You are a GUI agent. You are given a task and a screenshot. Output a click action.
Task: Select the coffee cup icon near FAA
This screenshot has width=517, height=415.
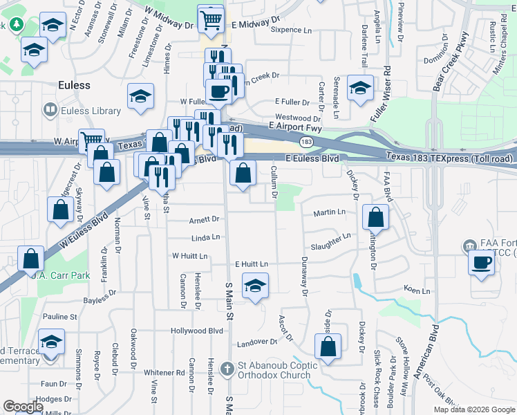click(482, 262)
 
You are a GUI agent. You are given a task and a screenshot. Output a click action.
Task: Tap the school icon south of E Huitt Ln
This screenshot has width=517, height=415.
click(255, 286)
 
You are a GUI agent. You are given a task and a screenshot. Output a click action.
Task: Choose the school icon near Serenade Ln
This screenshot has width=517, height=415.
click(359, 89)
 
